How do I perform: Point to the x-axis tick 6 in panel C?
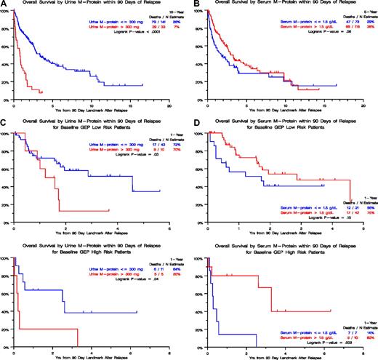point(169,228)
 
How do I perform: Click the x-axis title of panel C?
point(91,233)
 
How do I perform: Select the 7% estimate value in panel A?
point(169,26)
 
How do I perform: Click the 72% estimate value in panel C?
point(169,141)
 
